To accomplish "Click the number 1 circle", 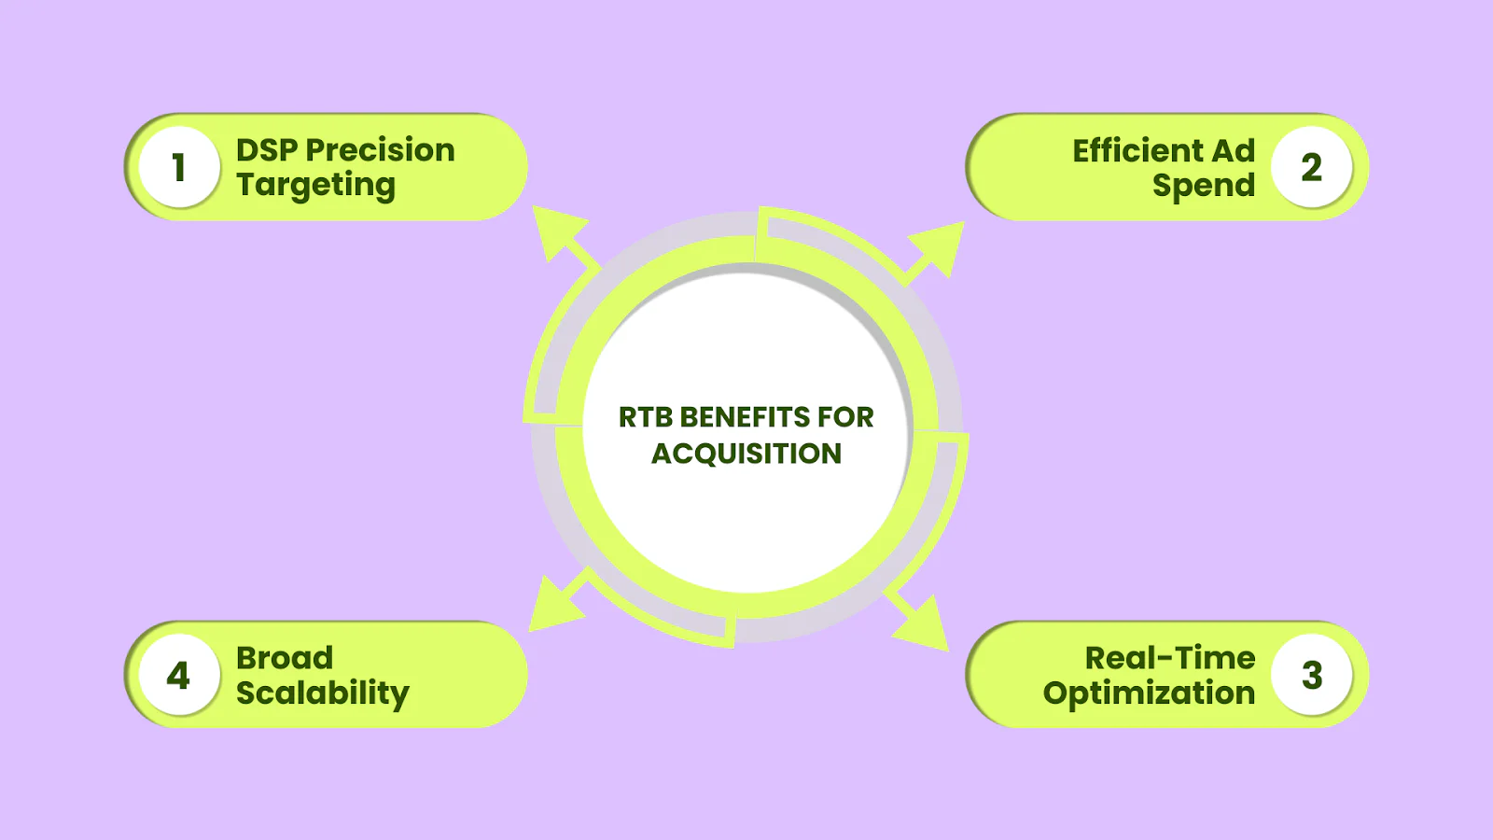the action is click(x=179, y=167).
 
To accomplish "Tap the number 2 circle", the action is click(x=1312, y=167).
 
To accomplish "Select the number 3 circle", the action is click(x=1312, y=675).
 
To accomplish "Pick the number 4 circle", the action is click(x=179, y=675).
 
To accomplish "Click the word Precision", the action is click(x=380, y=150).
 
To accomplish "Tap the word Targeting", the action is click(x=316, y=186).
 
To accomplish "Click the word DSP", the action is click(x=267, y=150).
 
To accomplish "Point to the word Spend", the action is click(x=1204, y=186).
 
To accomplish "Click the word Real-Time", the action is click(x=1170, y=658).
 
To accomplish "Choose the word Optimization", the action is click(x=1149, y=693).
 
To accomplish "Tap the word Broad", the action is click(x=285, y=658).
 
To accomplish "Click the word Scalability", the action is click(x=323, y=693).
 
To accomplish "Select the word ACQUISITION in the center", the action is click(x=746, y=454).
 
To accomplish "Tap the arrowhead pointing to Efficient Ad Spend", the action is click(x=940, y=245).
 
